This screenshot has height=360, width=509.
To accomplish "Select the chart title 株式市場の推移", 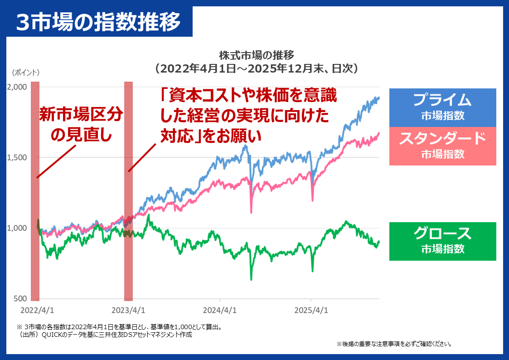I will (257, 55).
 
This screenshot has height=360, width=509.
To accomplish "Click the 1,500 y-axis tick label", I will (17, 158).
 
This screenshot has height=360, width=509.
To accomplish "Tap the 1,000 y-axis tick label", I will (17, 229).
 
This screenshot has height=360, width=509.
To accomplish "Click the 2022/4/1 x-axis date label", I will (37, 311).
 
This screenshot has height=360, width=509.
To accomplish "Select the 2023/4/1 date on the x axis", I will (128, 311).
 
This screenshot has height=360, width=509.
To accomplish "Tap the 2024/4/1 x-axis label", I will (220, 311).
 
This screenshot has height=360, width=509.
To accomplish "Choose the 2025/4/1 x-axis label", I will (311, 311).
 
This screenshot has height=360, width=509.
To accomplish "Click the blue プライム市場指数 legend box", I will (442, 107).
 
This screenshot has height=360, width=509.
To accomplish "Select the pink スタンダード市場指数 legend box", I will (442, 146).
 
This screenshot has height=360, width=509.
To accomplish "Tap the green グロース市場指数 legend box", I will (442, 241).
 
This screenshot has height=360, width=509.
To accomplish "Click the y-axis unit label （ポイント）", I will (26, 73).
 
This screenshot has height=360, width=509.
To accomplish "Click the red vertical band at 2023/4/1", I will (128, 190).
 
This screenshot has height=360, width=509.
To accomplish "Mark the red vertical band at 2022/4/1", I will (35, 190).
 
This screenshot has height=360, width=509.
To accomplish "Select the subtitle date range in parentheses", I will (257, 68).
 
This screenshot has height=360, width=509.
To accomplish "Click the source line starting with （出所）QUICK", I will (104, 335).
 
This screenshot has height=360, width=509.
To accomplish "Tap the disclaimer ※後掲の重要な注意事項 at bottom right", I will (394, 344).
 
